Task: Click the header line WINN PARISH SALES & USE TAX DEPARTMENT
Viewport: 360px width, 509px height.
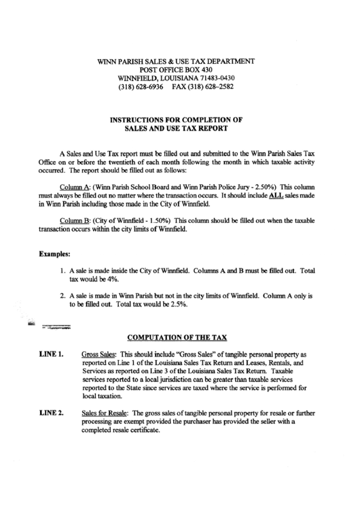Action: (176, 61)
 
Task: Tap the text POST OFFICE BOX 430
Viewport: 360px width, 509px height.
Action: (176, 70)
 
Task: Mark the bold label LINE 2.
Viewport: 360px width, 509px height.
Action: (51, 412)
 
